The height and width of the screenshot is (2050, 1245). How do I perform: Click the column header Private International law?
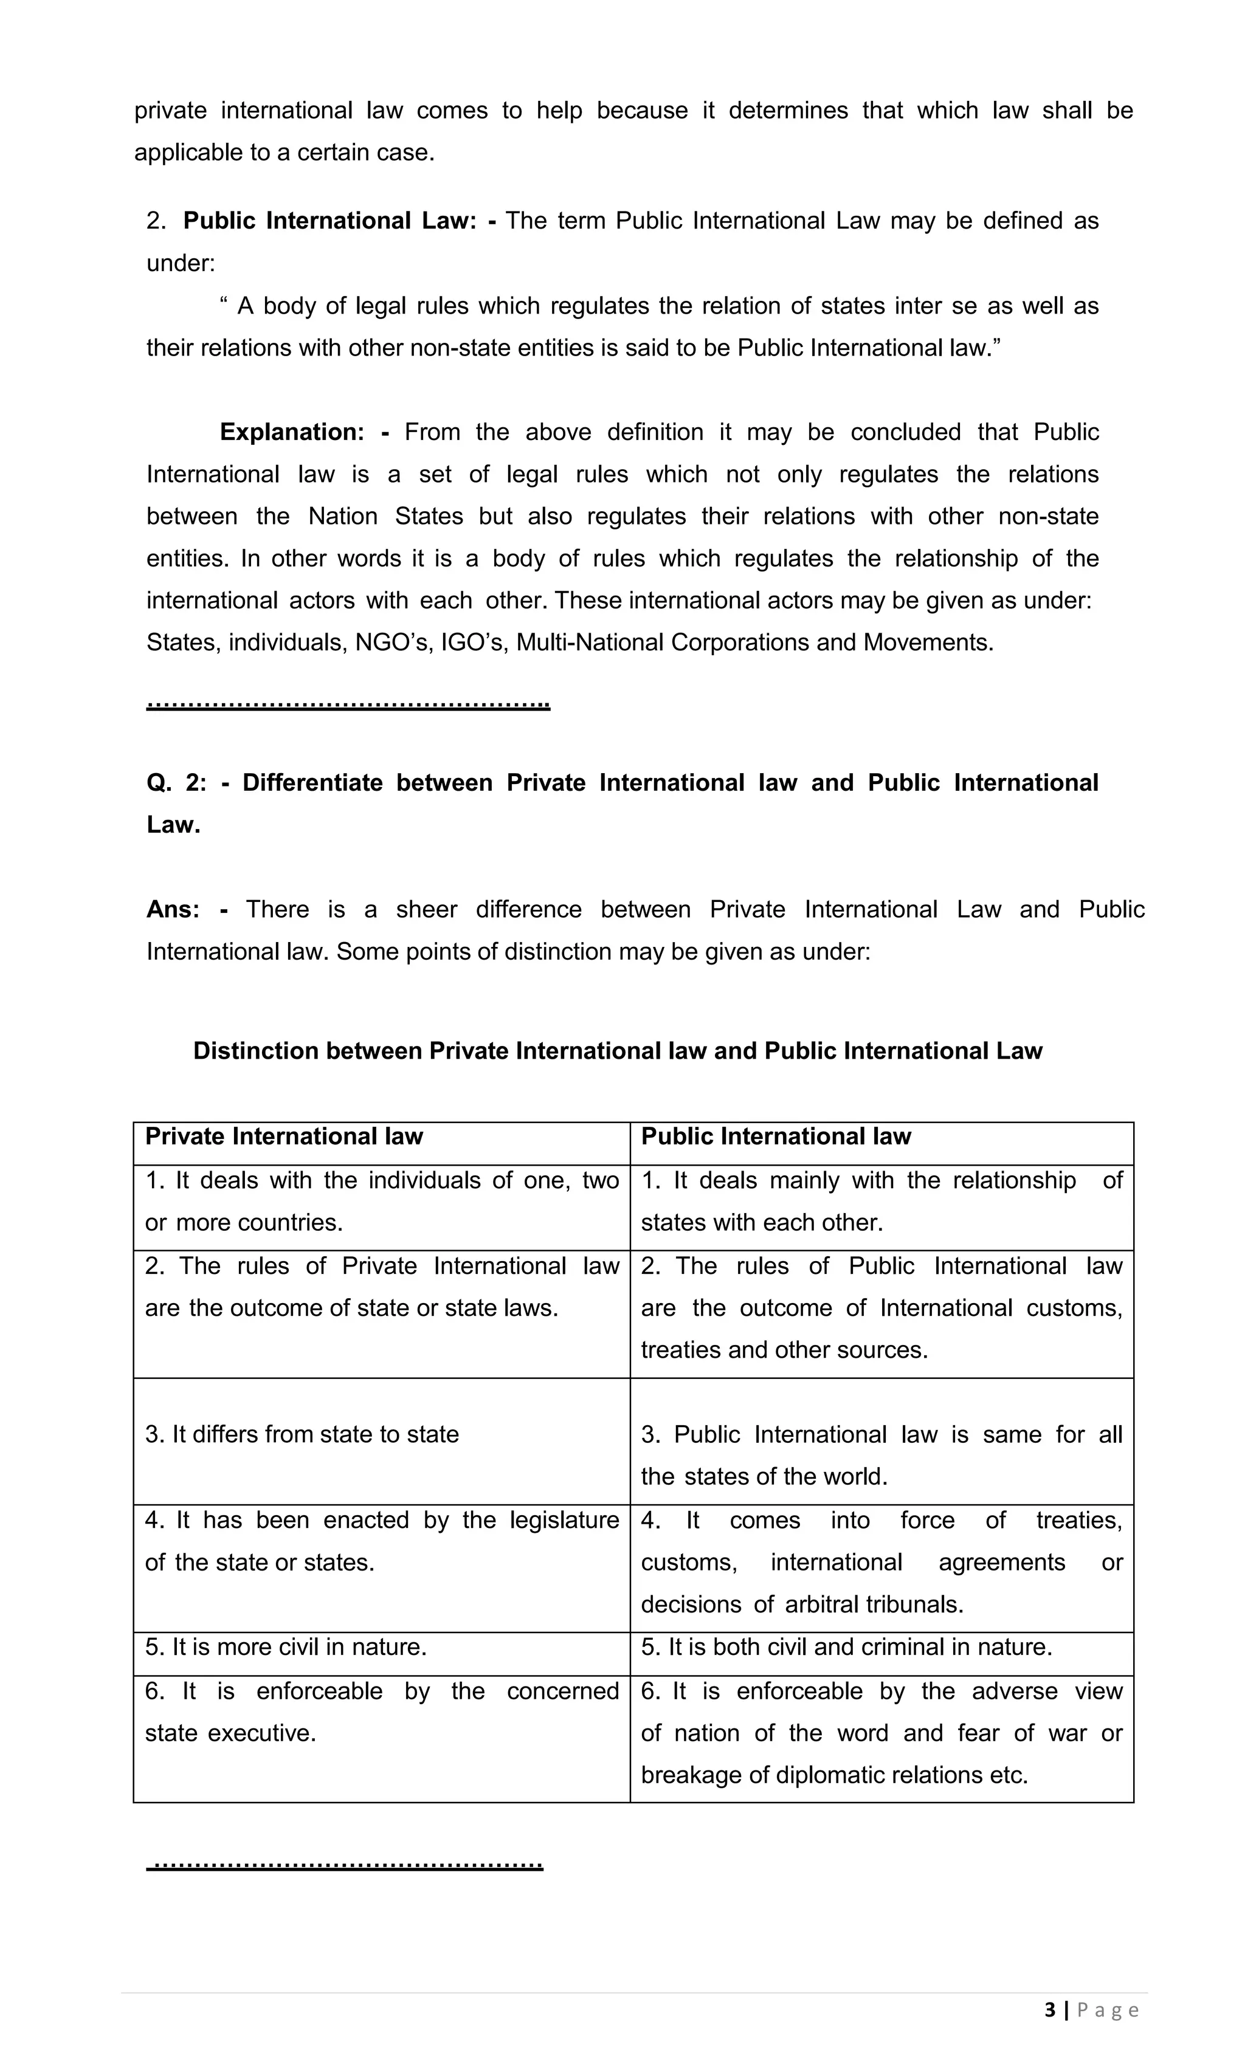coord(284,1137)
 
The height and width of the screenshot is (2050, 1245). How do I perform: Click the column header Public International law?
coord(776,1137)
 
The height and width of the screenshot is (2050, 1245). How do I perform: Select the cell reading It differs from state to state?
coord(302,1434)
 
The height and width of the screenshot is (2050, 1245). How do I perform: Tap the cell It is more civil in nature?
coord(286,1647)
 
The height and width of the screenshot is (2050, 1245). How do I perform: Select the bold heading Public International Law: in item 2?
coord(329,221)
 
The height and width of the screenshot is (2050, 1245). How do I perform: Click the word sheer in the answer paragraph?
coord(426,909)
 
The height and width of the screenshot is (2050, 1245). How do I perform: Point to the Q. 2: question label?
coord(176,783)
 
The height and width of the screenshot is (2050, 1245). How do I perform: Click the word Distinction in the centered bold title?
coord(255,1051)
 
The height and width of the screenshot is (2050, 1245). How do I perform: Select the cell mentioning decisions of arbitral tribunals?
coord(881,1563)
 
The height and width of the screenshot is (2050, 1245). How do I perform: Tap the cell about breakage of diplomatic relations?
coord(881,1733)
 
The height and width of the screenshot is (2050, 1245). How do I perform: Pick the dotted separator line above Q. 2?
coord(348,706)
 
